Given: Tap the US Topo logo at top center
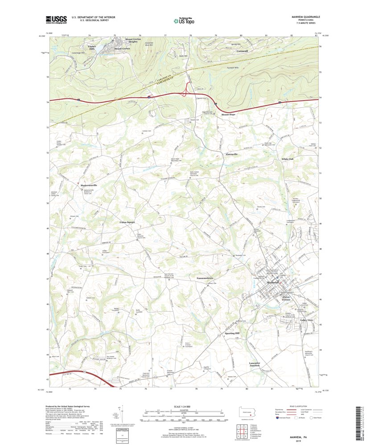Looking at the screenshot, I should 185,20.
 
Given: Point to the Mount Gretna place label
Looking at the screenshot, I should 122,48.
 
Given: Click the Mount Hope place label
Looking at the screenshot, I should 229,114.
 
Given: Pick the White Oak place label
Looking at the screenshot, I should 288,159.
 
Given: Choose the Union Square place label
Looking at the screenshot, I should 127,222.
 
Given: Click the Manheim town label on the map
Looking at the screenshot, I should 272,283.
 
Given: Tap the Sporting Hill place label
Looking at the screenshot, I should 231,333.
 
